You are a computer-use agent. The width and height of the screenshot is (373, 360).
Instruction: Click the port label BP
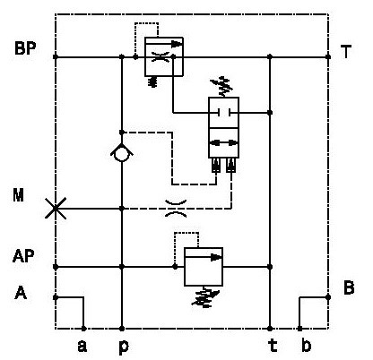pos(25,48)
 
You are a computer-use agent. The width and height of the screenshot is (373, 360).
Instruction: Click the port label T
pos(346,52)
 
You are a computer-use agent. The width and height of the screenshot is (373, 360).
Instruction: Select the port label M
pos(18,195)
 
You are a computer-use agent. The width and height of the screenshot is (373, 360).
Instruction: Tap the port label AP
pos(23,256)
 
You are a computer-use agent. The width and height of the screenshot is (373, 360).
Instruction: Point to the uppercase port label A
pos(21,293)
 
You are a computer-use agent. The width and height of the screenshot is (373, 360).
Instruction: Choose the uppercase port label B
pos(349,288)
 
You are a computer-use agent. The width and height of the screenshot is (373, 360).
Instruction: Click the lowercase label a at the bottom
pos(82,347)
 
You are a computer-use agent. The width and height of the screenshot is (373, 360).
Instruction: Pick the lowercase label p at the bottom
pos(124,347)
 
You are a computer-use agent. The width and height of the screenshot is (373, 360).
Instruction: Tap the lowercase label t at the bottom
pos(273,346)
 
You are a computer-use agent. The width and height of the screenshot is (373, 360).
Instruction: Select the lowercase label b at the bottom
pos(306,346)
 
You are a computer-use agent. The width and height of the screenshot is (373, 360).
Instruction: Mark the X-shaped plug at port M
pos(56,208)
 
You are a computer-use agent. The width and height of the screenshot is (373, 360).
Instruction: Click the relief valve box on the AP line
pos(204,267)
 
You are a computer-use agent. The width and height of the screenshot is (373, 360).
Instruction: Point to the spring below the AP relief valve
pos(205,297)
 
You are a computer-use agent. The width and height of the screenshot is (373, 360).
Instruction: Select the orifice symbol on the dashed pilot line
pos(177,209)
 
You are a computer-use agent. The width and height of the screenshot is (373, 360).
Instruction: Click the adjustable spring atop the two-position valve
pos(221,87)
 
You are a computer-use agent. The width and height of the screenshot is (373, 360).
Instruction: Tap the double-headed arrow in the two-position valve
pos(223,143)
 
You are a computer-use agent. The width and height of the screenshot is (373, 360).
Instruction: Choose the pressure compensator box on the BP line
pos(164,56)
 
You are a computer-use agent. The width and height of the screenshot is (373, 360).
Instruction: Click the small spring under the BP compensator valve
pos(153,81)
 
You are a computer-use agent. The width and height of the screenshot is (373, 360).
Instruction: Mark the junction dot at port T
pos(328,56)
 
